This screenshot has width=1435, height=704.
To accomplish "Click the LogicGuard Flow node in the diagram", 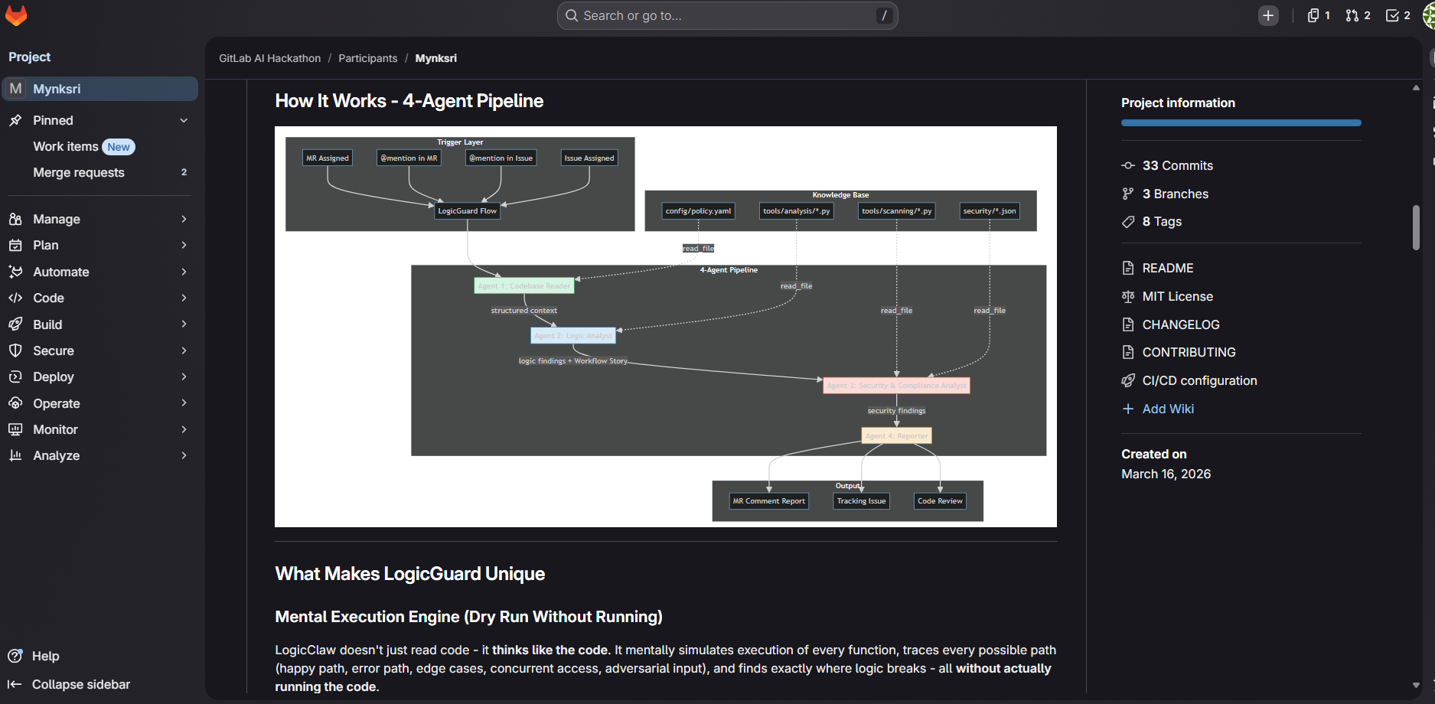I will click(x=467, y=211).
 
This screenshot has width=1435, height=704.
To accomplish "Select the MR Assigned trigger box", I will click(x=328, y=158).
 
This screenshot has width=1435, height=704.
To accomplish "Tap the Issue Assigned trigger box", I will click(x=589, y=158).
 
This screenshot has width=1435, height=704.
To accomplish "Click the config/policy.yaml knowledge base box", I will click(x=698, y=211).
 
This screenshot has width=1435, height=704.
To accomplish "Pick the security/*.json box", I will click(x=989, y=211).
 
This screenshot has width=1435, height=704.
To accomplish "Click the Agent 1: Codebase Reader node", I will click(x=523, y=286).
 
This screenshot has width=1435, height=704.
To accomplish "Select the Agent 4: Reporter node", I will click(x=896, y=436).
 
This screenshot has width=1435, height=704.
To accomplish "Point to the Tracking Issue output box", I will click(x=861, y=501).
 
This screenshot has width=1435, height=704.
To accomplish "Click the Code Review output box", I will click(x=940, y=501).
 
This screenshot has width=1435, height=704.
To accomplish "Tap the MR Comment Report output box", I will click(x=768, y=501).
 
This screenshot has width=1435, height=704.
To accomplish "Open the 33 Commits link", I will click(x=1177, y=166).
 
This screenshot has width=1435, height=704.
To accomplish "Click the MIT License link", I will click(x=1177, y=297).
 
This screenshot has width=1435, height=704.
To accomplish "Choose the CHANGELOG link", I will click(x=1180, y=325).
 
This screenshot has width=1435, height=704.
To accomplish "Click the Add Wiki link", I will click(x=1167, y=409).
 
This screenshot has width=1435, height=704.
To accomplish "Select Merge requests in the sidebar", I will click(x=79, y=173).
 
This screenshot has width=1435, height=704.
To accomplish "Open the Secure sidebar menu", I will click(x=54, y=351).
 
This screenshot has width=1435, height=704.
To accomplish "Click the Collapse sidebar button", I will click(x=80, y=685).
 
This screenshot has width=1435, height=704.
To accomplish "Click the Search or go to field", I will click(x=727, y=16).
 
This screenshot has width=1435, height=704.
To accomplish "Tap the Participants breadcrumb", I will click(x=367, y=59).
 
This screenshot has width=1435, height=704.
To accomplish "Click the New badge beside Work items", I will click(x=119, y=147).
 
